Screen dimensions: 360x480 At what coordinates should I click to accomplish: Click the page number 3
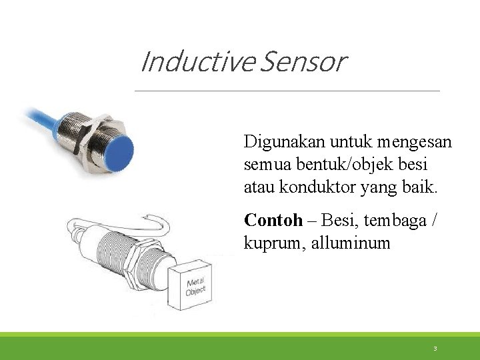coord(435,349)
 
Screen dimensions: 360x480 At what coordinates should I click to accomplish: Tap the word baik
coord(421,187)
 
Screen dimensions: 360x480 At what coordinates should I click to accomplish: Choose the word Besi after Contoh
coord(337,221)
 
